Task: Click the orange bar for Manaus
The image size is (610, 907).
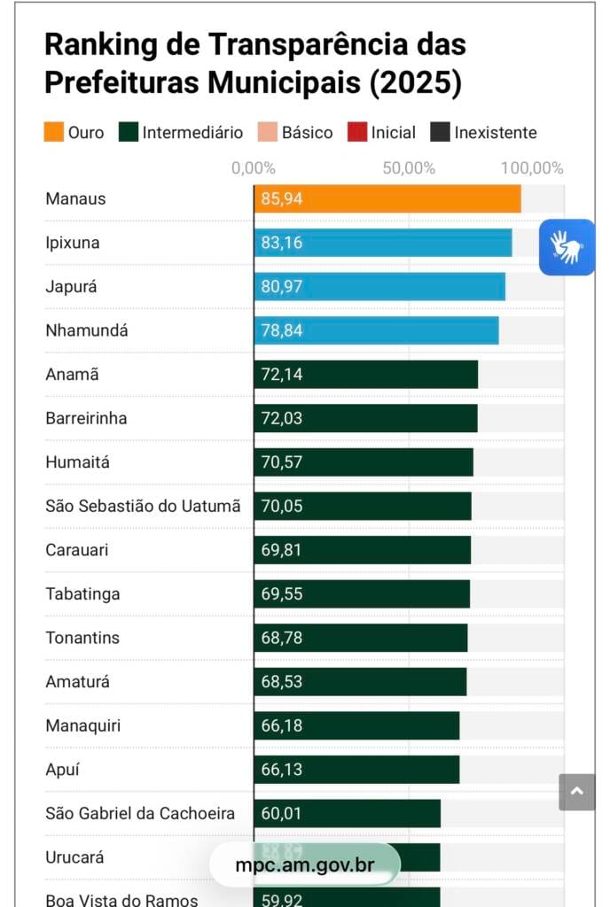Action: click(x=387, y=199)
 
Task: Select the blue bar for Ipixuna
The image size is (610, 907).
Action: click(x=382, y=243)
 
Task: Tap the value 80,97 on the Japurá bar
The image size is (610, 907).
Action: click(x=281, y=287)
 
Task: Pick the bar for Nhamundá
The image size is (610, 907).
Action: click(x=376, y=330)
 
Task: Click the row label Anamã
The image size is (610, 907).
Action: click(x=72, y=375)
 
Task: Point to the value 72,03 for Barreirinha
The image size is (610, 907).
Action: click(x=281, y=418)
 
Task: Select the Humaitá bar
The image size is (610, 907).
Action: click(x=364, y=462)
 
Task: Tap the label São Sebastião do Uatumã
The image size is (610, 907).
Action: click(x=143, y=506)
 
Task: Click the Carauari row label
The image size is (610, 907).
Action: click(x=77, y=550)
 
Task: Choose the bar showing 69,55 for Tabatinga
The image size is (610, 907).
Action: click(x=362, y=593)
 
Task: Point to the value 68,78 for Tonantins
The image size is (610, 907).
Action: click(x=281, y=638)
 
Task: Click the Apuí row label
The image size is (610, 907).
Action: click(x=62, y=770)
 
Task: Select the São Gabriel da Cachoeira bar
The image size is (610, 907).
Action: click(x=347, y=813)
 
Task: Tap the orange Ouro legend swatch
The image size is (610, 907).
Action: click(x=54, y=133)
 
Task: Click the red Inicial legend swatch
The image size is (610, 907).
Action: click(x=357, y=133)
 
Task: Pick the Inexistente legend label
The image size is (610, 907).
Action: click(x=496, y=133)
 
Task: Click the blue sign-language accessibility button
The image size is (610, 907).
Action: click(x=567, y=247)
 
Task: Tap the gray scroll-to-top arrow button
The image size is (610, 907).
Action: click(x=577, y=792)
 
